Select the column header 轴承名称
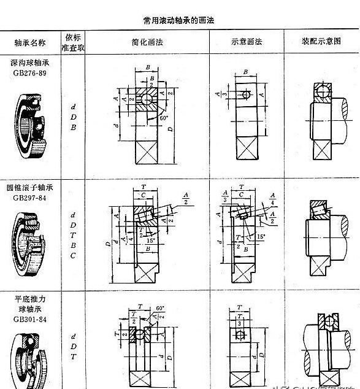coord(29,44)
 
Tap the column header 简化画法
coord(147,43)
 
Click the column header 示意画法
coord(247,43)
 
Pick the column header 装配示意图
coord(321,43)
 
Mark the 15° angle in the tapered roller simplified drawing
coord(151,240)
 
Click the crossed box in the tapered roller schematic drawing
coord(245,269)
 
